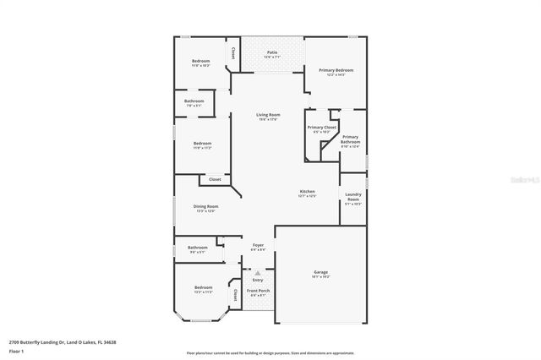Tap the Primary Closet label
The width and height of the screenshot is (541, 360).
(x=321, y=129)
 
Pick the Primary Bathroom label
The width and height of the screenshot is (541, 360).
(x=350, y=141)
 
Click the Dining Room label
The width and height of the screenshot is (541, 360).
(x=205, y=208)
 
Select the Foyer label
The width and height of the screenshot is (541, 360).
(x=258, y=247)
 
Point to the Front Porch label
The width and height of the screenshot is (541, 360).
(x=258, y=292)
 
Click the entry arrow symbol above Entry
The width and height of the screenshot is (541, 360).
(x=258, y=273)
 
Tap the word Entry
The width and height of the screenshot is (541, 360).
(x=258, y=281)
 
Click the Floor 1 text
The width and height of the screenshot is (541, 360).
(x=16, y=350)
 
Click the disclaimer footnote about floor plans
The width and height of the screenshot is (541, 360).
(x=270, y=352)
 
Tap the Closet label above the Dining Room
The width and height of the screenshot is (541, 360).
(x=215, y=179)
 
